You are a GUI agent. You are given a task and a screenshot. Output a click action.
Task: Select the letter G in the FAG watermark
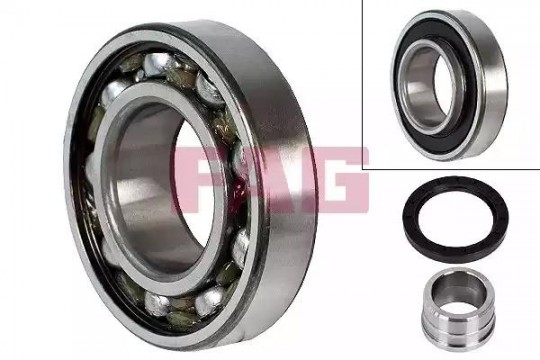(x=336, y=179)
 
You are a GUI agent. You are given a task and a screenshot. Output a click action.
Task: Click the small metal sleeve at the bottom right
(x=458, y=305)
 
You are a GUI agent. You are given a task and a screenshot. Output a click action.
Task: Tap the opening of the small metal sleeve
(x=458, y=293)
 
